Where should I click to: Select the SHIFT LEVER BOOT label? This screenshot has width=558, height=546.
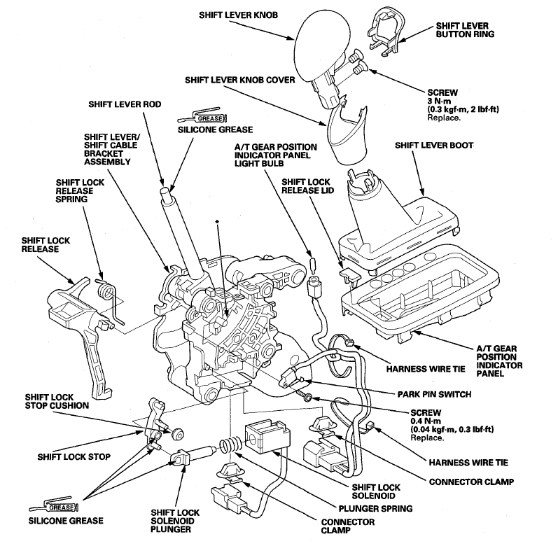point(434,146)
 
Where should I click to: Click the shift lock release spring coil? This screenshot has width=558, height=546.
point(106,289)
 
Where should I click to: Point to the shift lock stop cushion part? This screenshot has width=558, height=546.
point(176,435)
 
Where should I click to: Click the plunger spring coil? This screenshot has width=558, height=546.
point(230,447)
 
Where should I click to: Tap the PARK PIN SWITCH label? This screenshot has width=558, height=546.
point(434,394)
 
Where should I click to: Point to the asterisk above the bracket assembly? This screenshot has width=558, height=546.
point(217,222)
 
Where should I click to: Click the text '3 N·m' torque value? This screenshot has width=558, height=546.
point(439,101)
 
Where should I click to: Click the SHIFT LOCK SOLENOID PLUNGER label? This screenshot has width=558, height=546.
point(175,521)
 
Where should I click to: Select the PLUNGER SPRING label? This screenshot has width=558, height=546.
point(375,509)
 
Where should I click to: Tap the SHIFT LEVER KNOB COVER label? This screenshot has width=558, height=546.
point(240,80)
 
